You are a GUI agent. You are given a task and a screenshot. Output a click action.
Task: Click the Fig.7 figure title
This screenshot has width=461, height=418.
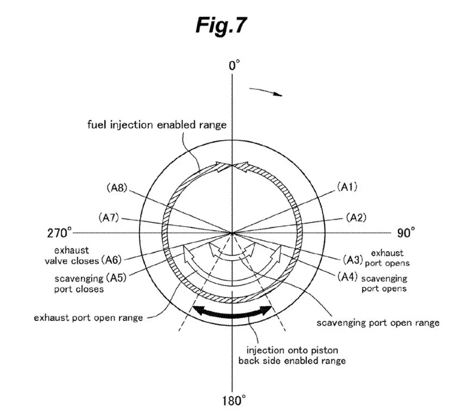[x=221, y=26]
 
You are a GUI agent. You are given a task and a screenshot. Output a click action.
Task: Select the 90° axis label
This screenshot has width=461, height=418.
[x=406, y=232]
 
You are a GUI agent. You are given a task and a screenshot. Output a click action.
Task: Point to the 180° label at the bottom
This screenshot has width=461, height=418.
[x=234, y=401]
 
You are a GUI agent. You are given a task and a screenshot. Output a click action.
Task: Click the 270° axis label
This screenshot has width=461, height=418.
[x=59, y=232]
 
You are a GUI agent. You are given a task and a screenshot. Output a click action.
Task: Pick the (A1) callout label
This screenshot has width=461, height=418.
[x=347, y=187]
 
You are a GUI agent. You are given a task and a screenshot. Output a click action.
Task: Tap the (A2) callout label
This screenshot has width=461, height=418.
[x=356, y=217]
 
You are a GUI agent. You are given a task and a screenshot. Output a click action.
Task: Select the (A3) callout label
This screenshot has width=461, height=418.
[x=353, y=260]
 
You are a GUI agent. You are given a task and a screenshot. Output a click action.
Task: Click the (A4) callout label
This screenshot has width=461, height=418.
[x=348, y=277]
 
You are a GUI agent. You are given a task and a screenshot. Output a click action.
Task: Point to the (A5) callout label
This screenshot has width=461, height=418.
[x=116, y=278]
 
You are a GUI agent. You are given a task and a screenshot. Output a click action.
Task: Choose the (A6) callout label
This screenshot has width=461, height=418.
[x=111, y=260]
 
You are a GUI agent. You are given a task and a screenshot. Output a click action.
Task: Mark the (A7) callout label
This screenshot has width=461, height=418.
[x=109, y=217]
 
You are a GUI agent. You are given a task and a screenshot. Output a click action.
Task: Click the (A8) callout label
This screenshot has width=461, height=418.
[x=117, y=188]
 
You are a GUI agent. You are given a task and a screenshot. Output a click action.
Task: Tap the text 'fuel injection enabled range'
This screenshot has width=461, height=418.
[x=157, y=125]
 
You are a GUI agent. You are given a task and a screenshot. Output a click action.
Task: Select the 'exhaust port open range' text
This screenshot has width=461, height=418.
[x=88, y=318]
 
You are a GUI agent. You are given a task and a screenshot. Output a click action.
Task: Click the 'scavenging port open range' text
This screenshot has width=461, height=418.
[x=378, y=323]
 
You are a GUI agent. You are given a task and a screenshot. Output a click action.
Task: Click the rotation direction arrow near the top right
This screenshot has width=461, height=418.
[x=266, y=91]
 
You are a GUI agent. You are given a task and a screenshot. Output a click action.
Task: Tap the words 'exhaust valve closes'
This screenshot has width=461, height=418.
[x=72, y=255]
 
